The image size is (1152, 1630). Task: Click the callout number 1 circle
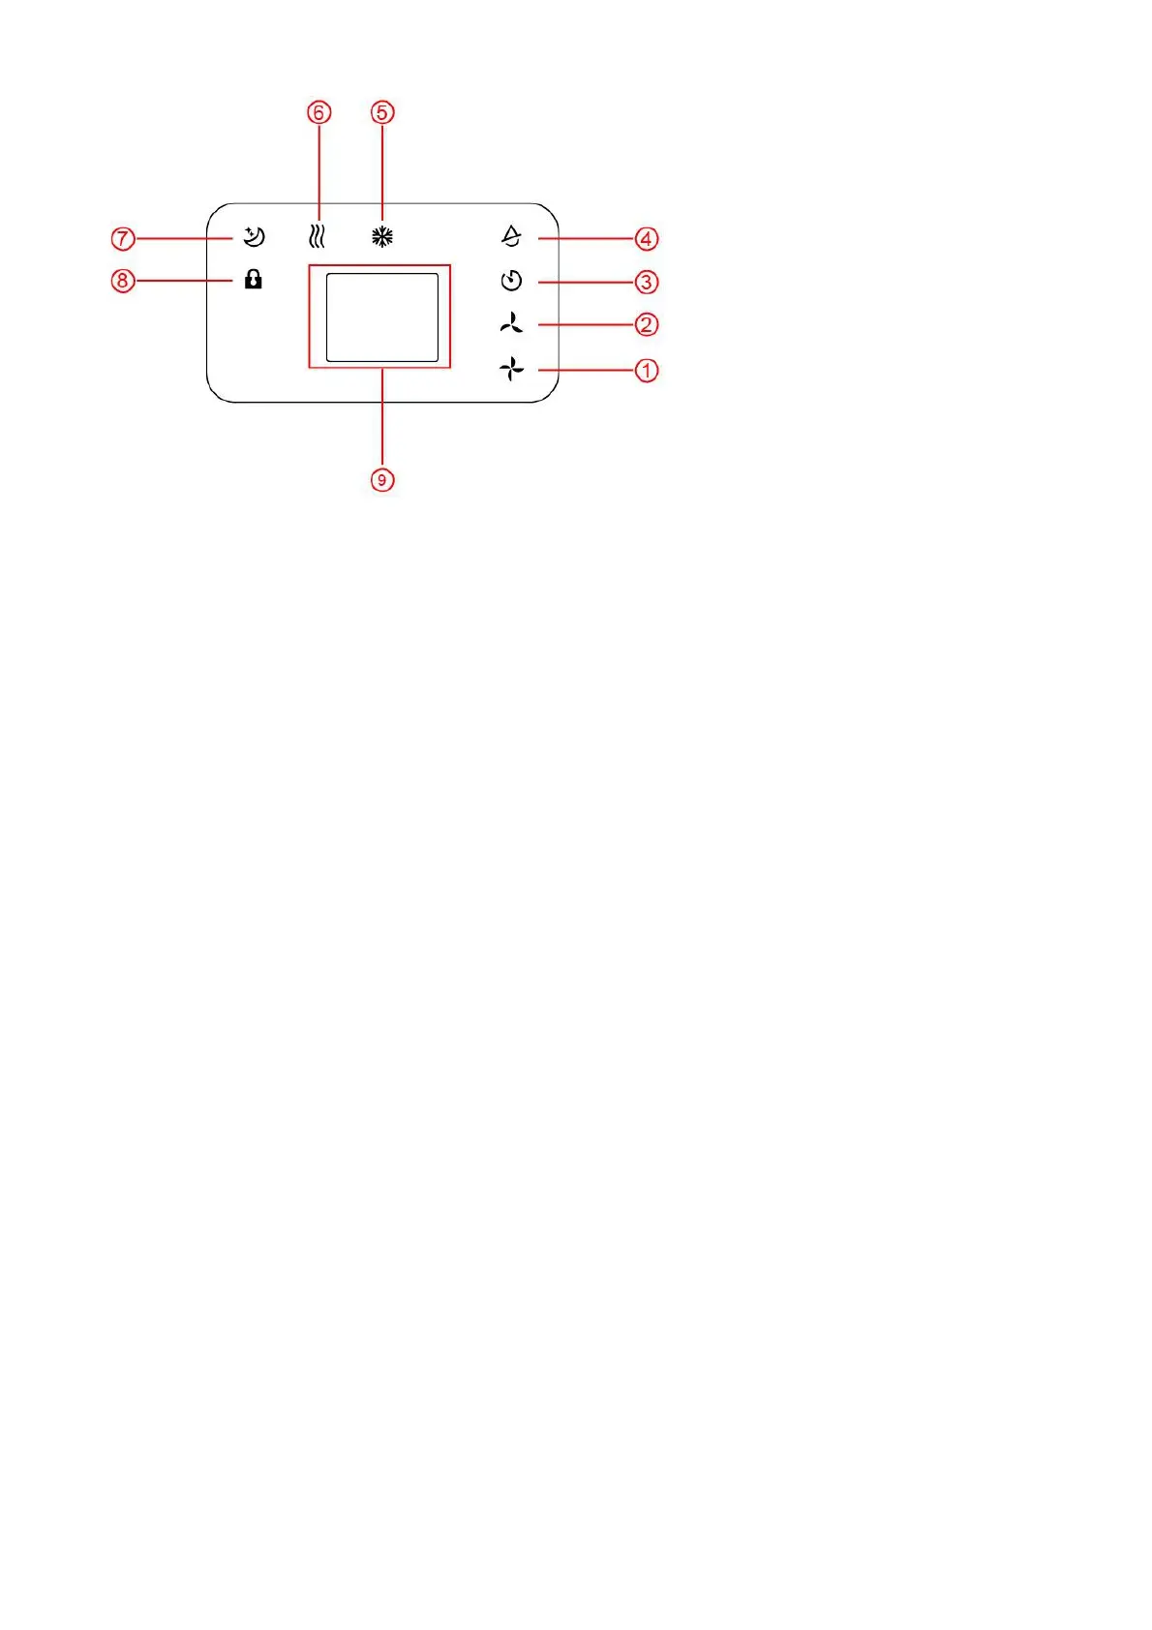(x=647, y=370)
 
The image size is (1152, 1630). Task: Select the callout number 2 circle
(x=647, y=324)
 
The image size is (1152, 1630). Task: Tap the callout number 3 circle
(x=647, y=282)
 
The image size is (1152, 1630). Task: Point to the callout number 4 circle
(x=647, y=238)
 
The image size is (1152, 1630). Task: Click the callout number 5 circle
(x=382, y=112)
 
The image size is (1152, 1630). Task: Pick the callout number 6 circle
(x=318, y=112)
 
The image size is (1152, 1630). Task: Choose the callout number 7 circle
(x=122, y=237)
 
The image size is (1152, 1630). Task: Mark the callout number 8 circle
(x=122, y=281)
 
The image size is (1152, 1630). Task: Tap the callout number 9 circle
(x=382, y=479)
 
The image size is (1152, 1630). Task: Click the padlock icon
(x=254, y=280)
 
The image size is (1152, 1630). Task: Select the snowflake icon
(x=382, y=237)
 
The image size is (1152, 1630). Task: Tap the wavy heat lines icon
(x=317, y=237)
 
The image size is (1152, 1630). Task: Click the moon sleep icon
(x=254, y=237)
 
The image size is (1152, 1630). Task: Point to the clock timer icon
(x=511, y=282)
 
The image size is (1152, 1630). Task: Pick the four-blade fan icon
(x=511, y=369)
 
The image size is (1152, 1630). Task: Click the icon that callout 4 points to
(x=511, y=236)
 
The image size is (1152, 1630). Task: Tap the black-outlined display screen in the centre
(x=382, y=317)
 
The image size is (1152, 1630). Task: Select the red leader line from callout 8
(x=184, y=281)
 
